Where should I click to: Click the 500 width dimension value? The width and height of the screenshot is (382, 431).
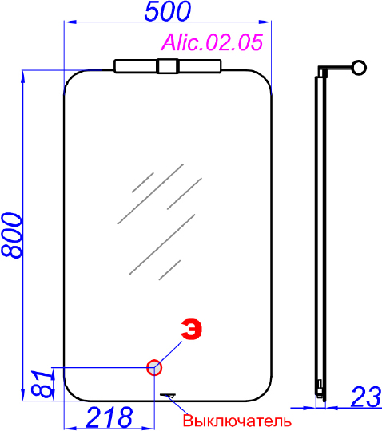(167, 11)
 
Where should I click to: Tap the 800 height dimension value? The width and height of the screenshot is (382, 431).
(12, 235)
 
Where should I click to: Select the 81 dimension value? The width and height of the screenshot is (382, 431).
(42, 384)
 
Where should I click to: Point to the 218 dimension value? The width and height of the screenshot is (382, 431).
(109, 417)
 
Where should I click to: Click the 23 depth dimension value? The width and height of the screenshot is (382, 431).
(366, 397)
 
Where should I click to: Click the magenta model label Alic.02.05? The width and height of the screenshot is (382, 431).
(212, 42)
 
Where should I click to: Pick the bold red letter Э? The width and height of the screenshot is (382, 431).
(192, 329)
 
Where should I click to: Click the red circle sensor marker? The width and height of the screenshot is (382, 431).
(154, 367)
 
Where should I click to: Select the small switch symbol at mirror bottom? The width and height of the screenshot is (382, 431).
(168, 395)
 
